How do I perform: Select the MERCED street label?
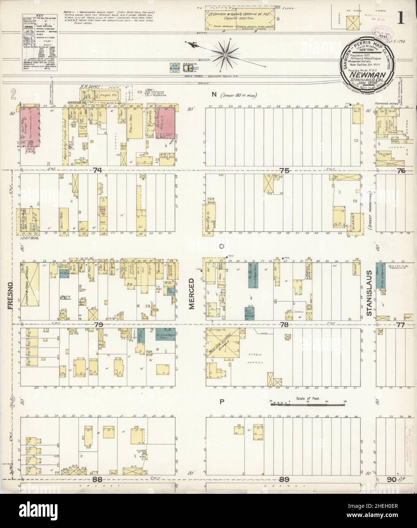192,293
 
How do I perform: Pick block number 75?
284,171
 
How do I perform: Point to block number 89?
284,479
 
